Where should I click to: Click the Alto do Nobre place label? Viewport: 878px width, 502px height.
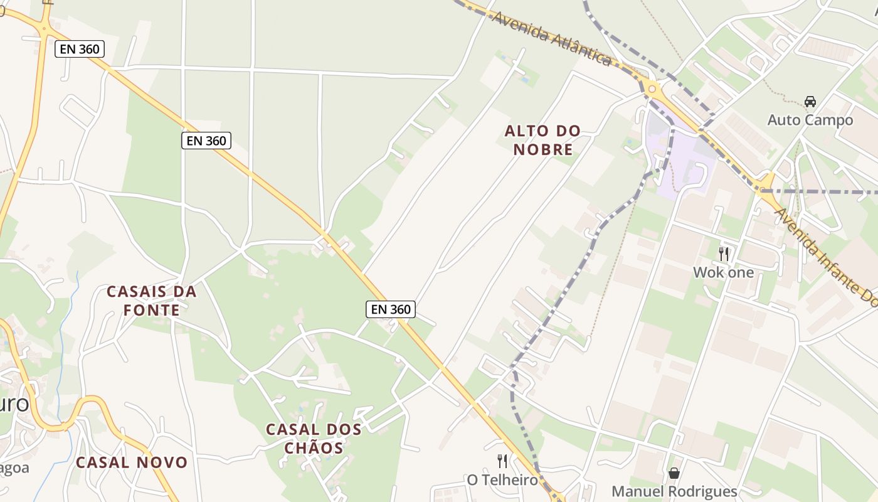542,140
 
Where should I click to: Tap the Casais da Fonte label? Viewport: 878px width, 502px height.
151,301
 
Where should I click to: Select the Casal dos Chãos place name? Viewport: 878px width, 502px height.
314,438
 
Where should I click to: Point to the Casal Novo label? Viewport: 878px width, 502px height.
132,462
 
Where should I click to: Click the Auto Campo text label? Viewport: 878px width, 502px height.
810,120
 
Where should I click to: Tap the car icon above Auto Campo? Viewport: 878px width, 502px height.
810,101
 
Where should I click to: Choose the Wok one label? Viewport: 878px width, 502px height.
723,272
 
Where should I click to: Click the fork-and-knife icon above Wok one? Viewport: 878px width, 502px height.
724,254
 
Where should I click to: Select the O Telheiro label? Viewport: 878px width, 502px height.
502,480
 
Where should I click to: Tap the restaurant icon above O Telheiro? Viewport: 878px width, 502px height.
502,461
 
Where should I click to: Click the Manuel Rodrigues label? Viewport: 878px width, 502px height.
674,491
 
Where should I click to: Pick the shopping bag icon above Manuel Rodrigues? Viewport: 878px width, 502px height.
674,473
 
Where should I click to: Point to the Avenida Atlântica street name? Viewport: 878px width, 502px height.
552,38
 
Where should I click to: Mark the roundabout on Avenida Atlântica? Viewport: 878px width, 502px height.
652,89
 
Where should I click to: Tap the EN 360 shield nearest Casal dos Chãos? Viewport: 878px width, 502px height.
391,309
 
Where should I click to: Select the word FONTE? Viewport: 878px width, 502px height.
151,310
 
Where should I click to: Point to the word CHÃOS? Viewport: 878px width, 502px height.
314,447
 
